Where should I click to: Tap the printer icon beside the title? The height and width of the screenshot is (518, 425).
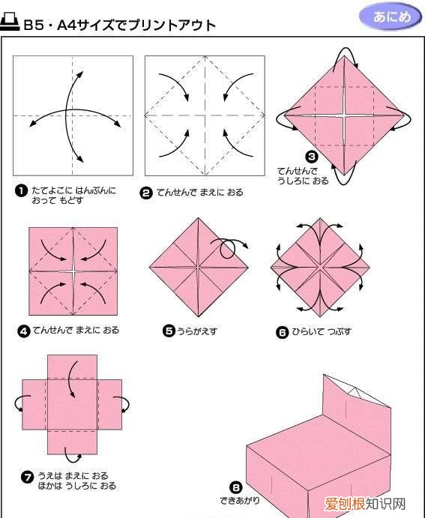(10, 23)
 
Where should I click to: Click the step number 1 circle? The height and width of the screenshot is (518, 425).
(22, 191)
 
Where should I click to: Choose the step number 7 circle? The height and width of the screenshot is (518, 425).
(27, 477)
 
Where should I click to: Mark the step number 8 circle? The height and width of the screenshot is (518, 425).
(235, 487)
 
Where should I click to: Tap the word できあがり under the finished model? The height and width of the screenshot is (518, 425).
(240, 500)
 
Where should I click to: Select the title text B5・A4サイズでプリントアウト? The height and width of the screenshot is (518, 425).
(120, 25)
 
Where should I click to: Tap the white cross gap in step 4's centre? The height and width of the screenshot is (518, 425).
(72, 269)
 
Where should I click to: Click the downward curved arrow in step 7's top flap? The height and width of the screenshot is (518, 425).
(72, 379)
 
